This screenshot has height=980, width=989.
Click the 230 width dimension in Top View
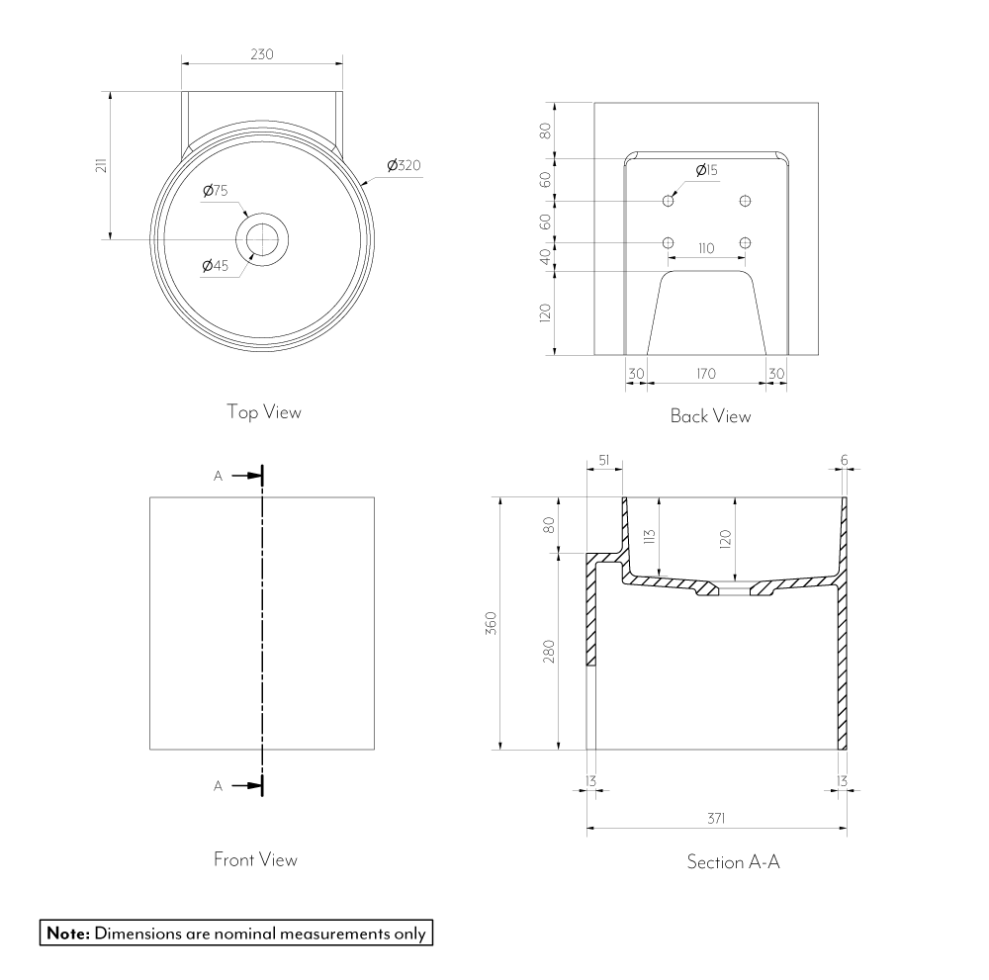261,54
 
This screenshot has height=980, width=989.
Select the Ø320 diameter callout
404,165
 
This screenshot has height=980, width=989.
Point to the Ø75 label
216,191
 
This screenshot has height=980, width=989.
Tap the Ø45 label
216,264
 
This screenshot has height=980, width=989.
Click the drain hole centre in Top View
262,238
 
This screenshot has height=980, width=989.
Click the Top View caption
263,411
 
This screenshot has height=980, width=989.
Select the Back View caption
710,416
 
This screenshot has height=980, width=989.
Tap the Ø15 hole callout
706,171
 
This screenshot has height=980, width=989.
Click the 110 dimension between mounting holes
705,249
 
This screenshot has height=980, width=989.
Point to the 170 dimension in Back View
706,374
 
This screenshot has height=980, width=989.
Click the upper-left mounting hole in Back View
669,201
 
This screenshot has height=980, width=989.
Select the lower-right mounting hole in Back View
745,243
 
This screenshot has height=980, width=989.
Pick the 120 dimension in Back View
545,313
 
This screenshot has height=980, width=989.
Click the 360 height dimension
492,624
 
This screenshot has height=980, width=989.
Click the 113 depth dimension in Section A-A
650,537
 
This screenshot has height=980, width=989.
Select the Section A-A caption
734,862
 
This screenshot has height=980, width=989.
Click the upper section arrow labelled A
240,476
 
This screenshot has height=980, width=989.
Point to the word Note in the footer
67,933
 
